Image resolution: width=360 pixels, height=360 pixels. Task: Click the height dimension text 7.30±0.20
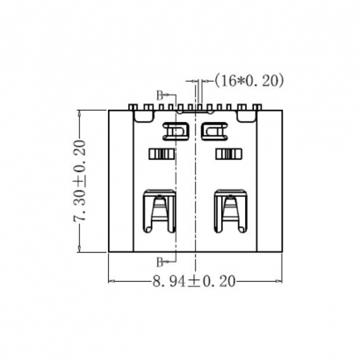[80, 183]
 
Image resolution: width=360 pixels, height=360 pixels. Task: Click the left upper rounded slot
[176, 132]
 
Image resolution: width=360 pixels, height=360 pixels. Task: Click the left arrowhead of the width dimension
[112, 282]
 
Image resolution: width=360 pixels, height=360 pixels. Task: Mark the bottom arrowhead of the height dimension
[81, 251]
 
